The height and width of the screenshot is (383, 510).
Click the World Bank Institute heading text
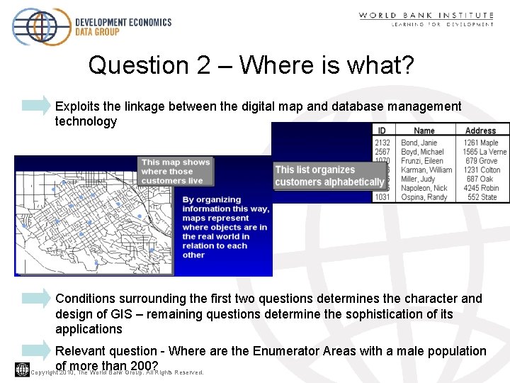tap(426, 15)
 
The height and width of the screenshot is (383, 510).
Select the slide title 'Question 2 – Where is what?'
tap(251, 65)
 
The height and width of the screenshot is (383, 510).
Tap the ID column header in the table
tap(382, 131)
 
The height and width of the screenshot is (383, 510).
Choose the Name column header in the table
tap(424, 131)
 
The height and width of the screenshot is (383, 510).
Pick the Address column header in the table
tap(480, 131)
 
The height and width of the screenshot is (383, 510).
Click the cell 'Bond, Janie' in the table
tap(419, 143)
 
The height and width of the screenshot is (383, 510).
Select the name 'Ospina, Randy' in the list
tap(424, 197)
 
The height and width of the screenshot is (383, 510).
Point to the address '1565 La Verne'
tap(484, 152)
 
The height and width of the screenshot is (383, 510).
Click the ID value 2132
tap(382, 143)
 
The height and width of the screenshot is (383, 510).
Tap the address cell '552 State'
tap(482, 197)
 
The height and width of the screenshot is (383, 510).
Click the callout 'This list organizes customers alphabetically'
tap(329, 176)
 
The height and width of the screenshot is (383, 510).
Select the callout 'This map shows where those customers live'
tap(176, 171)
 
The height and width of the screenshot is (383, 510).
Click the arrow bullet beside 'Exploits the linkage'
tap(37, 106)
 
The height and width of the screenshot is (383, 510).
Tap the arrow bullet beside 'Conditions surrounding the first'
tap(37, 299)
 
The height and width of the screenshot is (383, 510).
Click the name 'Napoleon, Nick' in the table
tap(424, 188)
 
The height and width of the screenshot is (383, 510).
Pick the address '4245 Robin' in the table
tap(481, 188)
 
